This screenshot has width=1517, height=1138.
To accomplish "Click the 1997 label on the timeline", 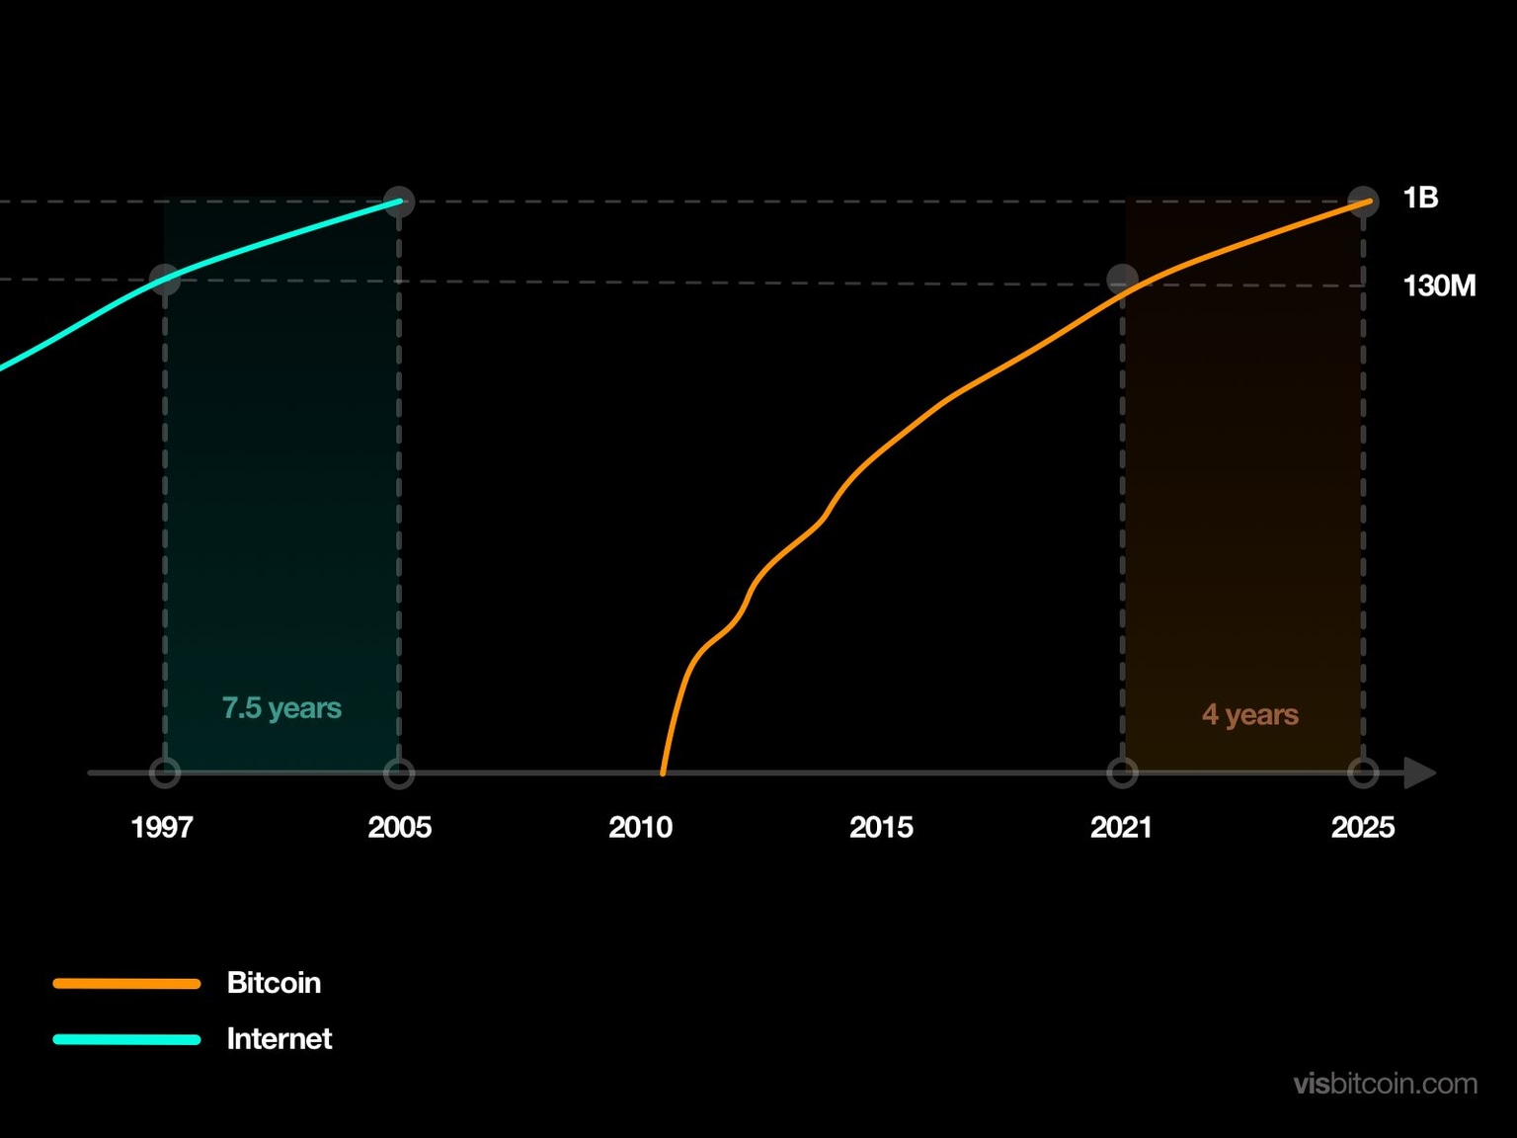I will (x=162, y=827).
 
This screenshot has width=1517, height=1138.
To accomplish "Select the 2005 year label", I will (x=399, y=827).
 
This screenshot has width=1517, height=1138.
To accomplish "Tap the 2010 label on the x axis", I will (x=640, y=827).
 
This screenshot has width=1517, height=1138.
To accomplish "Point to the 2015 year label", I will (x=881, y=827).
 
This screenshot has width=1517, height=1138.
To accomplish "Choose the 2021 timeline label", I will (x=1121, y=827).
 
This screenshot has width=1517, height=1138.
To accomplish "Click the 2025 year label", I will (x=1362, y=827).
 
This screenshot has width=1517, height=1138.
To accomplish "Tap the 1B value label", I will (x=1420, y=199).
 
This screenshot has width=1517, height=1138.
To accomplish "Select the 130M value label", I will (x=1439, y=286).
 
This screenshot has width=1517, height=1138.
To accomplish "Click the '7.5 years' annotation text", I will (x=281, y=708).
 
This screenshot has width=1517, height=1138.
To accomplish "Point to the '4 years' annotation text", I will (x=1249, y=714).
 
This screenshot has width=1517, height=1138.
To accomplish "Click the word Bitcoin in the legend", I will (x=274, y=983).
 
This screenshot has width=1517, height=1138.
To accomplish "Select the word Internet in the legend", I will (x=279, y=1039).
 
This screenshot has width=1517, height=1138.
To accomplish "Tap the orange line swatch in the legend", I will (x=126, y=984).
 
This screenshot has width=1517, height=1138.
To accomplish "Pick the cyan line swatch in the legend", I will (x=126, y=1039).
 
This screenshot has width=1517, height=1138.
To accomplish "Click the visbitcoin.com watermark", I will (x=1385, y=1084).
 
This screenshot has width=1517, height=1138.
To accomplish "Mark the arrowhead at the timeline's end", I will (x=1419, y=772).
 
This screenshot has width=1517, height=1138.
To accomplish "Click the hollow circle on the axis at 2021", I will (x=1122, y=772).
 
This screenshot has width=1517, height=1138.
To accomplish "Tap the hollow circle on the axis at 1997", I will (x=165, y=772).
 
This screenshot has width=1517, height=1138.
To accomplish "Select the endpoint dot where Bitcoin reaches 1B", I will (x=1363, y=202).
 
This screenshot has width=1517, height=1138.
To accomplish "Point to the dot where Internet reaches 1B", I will (x=399, y=202).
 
